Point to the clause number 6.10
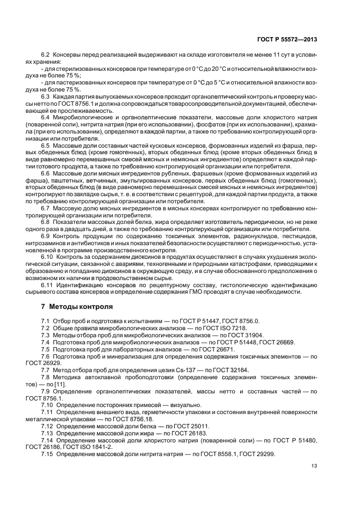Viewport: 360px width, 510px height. point(47,257)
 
